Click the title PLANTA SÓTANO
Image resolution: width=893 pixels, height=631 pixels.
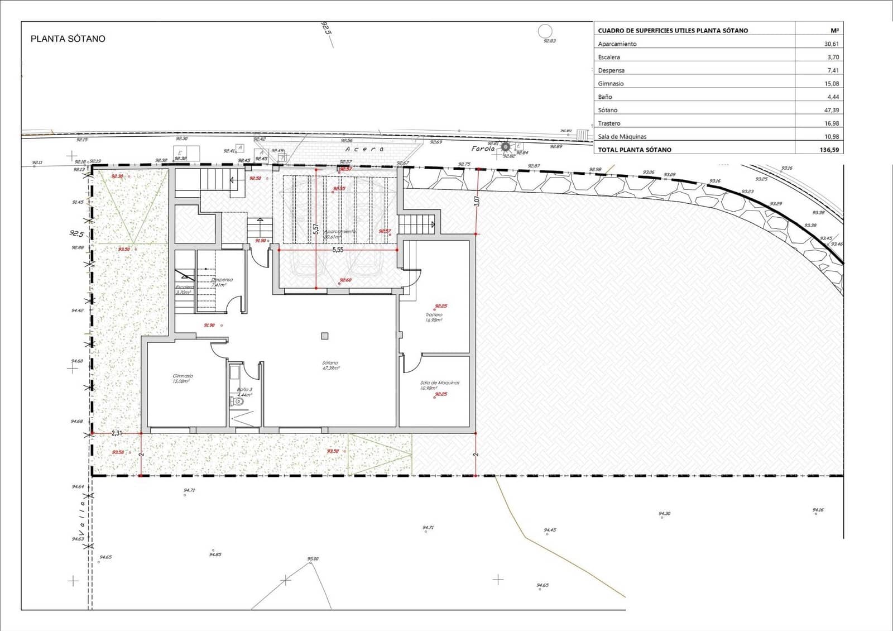point(68,39)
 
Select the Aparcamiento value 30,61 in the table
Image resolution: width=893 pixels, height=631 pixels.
point(831,44)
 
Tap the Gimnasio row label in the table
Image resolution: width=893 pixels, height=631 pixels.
point(611,83)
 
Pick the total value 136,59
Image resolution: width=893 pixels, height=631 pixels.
point(828,150)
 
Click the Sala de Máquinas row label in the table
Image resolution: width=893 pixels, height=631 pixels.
point(622,136)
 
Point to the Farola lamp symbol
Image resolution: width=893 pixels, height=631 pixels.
point(506,147)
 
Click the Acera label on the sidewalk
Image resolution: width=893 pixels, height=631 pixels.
point(364,149)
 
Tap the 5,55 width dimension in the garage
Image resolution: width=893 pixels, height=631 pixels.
point(338,250)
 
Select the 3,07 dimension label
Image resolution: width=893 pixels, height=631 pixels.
point(477,201)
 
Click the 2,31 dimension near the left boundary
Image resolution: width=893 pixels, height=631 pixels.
point(117,433)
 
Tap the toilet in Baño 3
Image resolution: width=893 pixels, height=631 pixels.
point(238,401)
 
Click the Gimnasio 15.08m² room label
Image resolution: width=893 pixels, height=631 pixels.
point(183,379)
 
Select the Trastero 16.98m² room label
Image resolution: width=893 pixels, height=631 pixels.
point(434,317)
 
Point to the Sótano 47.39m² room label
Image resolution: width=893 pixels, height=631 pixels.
point(330,365)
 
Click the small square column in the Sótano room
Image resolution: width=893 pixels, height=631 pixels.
point(325,336)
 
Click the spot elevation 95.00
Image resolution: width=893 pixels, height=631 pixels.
point(313,558)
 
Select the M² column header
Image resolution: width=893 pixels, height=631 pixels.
point(834,30)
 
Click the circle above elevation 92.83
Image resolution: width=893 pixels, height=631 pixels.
point(545,31)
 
